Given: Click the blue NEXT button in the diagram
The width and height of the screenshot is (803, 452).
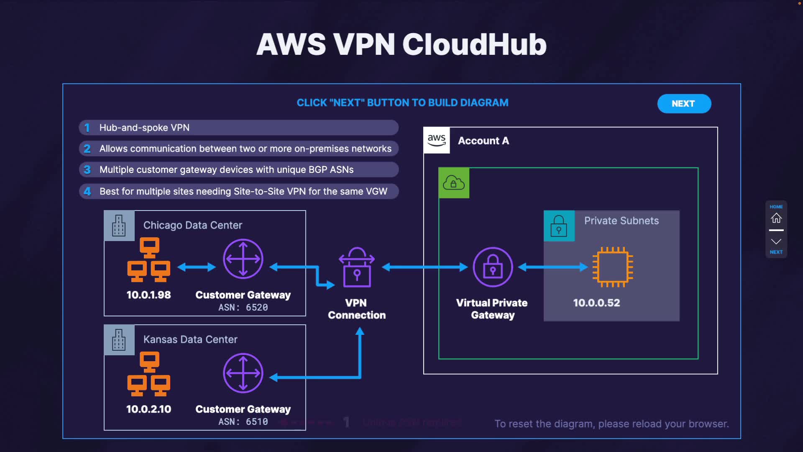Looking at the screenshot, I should (x=684, y=104).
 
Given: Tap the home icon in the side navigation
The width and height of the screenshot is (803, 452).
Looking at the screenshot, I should (x=776, y=218).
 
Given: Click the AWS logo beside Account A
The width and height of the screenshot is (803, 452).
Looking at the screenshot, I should (x=437, y=140).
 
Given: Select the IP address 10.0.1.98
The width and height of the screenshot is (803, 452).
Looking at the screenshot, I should (x=148, y=295).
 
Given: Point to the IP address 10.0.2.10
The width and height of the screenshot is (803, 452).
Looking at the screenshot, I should (x=148, y=409).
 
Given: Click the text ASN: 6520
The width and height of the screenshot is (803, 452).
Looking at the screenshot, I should (x=243, y=308).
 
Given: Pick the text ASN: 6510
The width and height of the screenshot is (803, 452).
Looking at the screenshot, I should (x=243, y=422).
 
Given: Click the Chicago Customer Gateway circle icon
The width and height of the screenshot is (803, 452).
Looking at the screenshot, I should (x=243, y=259).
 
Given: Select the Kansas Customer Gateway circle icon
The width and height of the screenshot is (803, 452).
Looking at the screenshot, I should (x=243, y=373).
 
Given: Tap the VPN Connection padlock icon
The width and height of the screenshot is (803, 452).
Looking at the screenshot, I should (x=357, y=267).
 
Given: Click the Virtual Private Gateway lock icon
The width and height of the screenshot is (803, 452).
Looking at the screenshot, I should (x=493, y=267).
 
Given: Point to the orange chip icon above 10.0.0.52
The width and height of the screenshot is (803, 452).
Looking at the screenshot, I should (x=613, y=267).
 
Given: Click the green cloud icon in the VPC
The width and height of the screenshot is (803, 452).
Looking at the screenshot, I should (x=454, y=183).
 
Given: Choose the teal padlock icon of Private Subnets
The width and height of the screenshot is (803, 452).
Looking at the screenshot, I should (x=559, y=226).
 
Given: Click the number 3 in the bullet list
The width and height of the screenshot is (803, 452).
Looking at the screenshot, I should (x=87, y=170).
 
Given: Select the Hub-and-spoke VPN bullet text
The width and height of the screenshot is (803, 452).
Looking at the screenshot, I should (x=144, y=128).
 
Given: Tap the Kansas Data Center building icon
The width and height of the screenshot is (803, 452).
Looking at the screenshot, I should (x=119, y=340).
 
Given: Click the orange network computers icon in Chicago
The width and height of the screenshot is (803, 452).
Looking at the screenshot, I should (x=149, y=259).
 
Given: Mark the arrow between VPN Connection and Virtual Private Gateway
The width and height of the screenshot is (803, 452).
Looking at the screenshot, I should (x=425, y=267).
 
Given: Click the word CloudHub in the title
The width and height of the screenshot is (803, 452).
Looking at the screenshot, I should (x=474, y=44).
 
